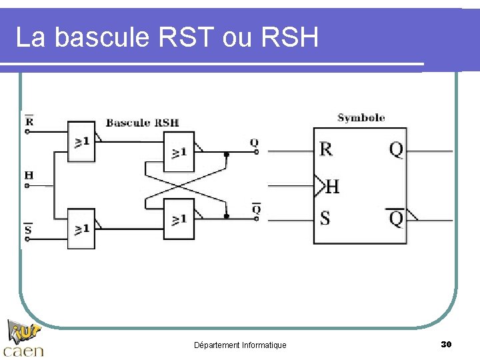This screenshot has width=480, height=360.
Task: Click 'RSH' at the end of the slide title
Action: (x=291, y=37)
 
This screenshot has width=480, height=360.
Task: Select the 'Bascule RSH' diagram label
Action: (x=142, y=123)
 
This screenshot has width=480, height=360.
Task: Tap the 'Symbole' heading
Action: (x=361, y=118)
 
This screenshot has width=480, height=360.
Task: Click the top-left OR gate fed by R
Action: (x=81, y=141)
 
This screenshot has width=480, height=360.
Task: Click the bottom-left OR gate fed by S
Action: (x=81, y=229)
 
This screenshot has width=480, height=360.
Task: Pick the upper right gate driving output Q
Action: (x=178, y=152)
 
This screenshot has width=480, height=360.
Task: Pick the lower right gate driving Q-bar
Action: (x=178, y=219)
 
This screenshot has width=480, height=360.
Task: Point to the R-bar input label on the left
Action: (x=29, y=121)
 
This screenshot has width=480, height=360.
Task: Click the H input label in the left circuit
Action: (x=29, y=175)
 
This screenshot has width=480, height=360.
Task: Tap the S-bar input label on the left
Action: (x=28, y=230)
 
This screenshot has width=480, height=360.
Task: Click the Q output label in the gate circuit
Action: (x=254, y=143)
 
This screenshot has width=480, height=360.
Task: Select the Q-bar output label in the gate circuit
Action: (x=255, y=209)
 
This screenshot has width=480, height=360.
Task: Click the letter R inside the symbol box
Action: (x=326, y=149)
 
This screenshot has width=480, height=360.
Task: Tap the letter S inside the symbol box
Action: (x=325, y=218)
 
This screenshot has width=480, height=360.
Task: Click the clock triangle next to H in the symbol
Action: (x=319, y=186)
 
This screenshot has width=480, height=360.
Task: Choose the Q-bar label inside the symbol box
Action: (x=396, y=218)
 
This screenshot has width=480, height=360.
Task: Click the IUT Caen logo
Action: (x=23, y=339)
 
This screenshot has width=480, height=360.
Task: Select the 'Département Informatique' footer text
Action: (x=240, y=345)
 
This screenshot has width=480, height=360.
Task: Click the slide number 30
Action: (x=446, y=344)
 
